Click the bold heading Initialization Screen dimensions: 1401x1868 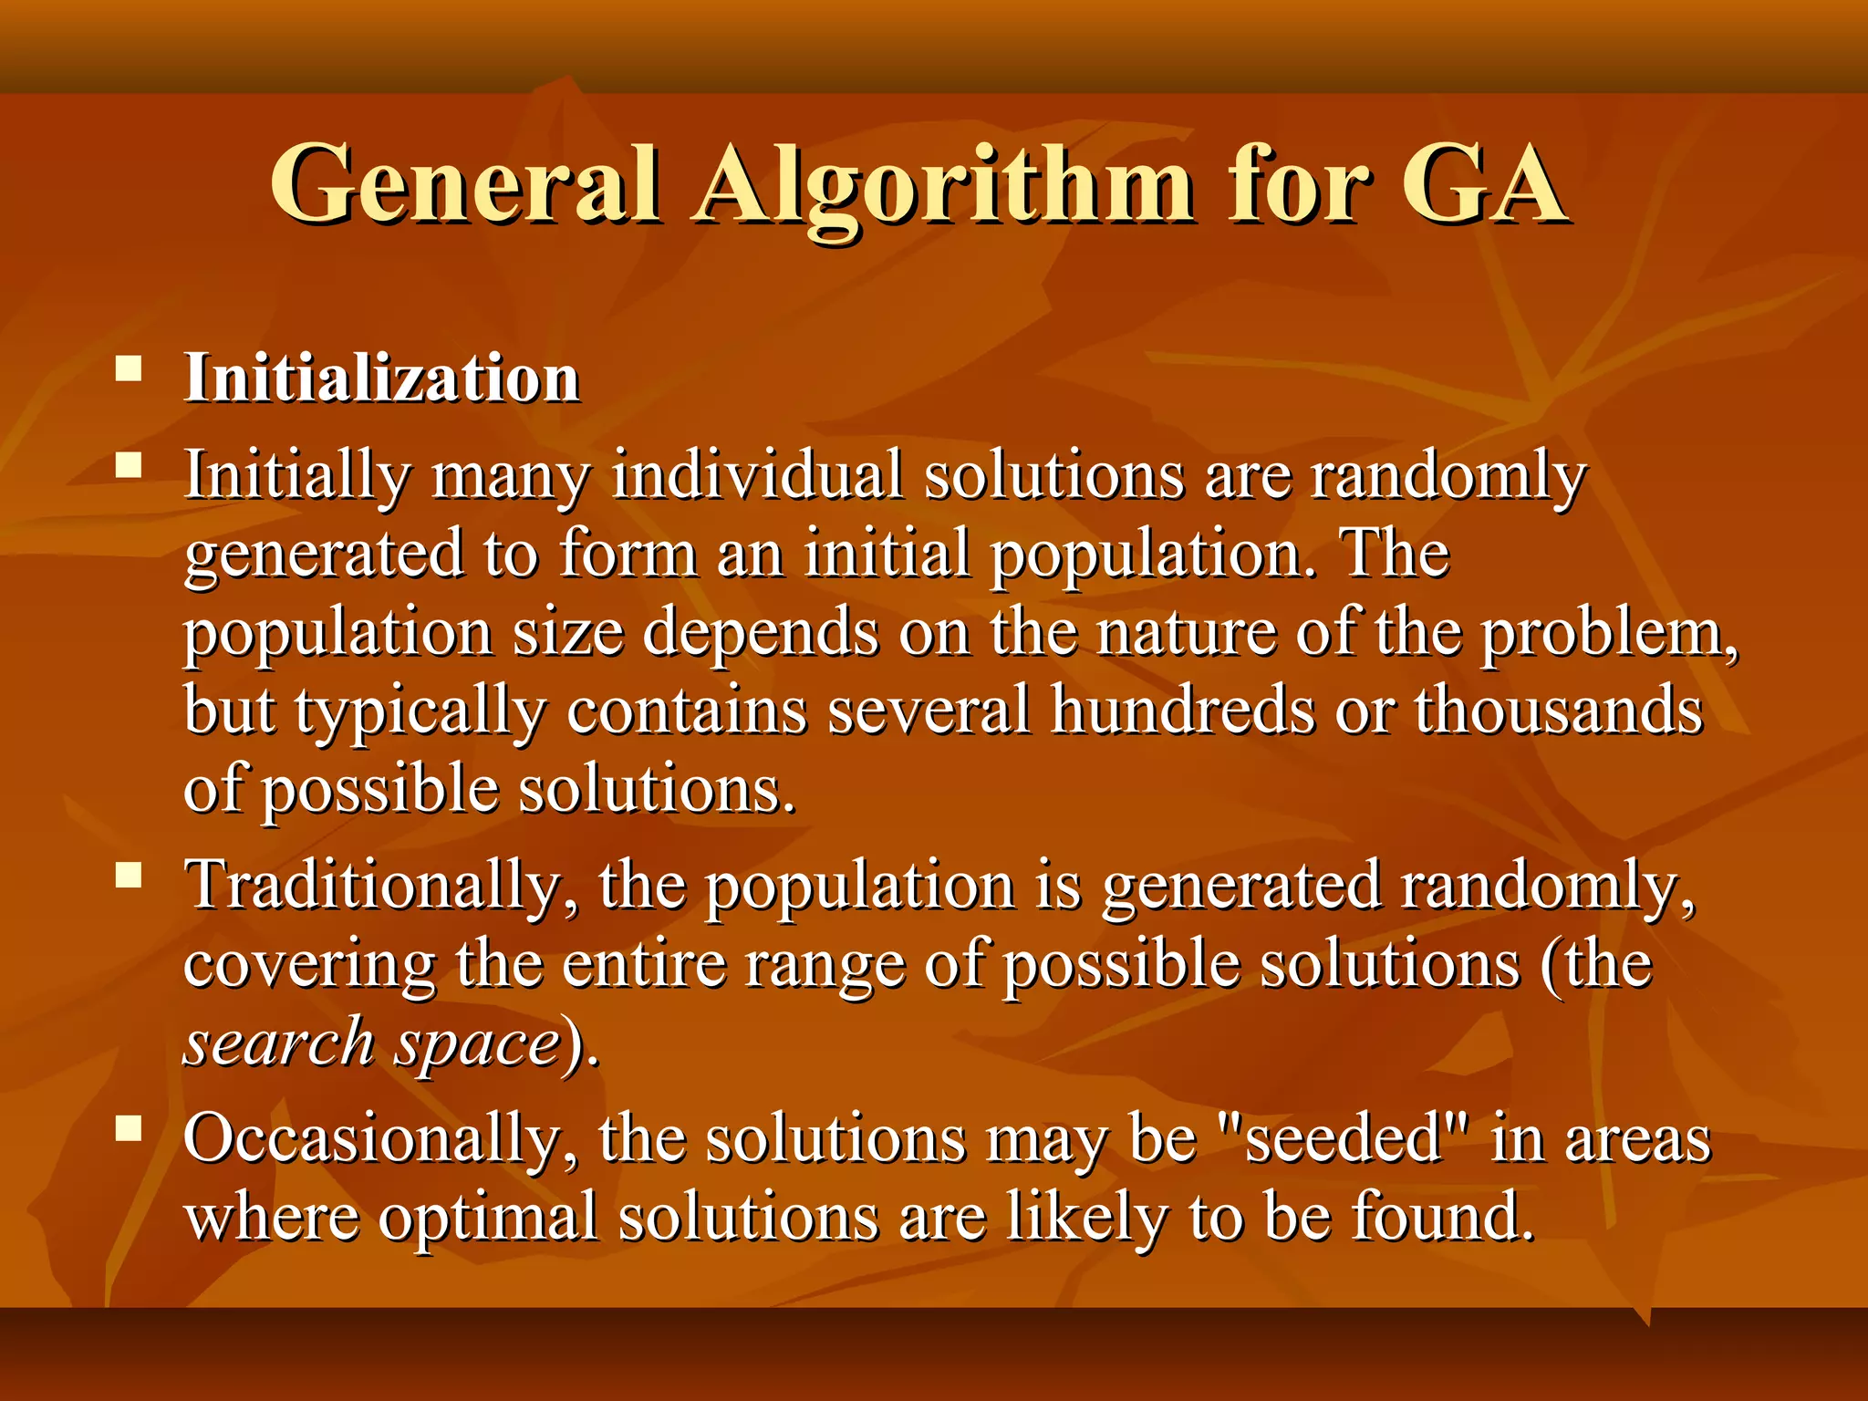point(382,378)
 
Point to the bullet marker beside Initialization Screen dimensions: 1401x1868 point(130,370)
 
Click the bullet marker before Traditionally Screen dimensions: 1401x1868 point(130,877)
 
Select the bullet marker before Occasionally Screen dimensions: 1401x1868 point(130,1130)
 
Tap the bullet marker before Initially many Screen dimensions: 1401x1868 point(130,467)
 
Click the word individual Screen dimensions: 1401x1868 point(757,475)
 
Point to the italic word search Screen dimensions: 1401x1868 point(279,1043)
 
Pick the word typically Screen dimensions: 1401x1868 point(420,711)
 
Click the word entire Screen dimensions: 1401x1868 point(644,964)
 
